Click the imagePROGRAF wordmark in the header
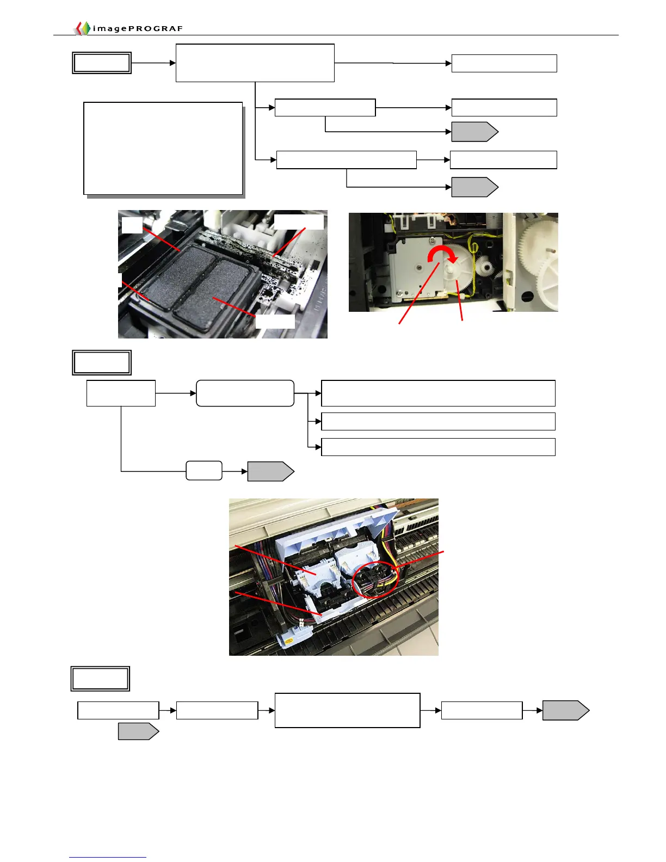coord(138,28)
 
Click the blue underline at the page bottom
coord(108,857)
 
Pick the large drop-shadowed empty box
coord(163,148)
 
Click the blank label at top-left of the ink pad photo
coord(132,225)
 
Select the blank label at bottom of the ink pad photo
coord(275,321)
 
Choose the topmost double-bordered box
coord(102,63)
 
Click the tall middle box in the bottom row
coord(347,710)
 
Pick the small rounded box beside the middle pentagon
coord(204,471)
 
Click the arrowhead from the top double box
coord(172,63)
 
